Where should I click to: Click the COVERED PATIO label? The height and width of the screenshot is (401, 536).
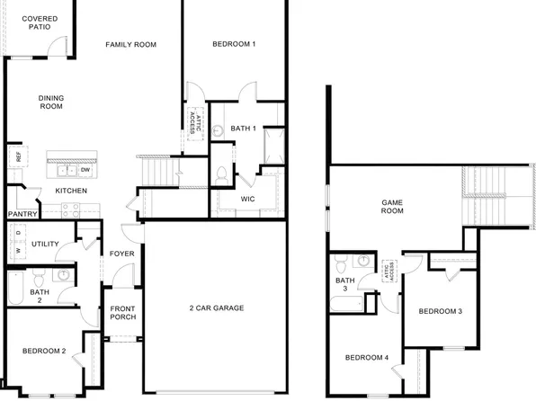tap(35, 22)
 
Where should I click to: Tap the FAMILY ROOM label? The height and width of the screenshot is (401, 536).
tap(131, 44)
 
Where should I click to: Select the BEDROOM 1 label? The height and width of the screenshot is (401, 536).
tap(234, 44)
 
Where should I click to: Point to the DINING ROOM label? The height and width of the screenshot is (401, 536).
tap(51, 102)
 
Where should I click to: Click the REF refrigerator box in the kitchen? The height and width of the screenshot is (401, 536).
tap(16, 157)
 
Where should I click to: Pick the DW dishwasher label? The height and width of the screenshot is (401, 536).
tap(85, 170)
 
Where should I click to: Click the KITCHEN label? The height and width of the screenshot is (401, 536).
tap(71, 191)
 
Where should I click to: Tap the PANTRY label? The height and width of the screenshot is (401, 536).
tap(21, 214)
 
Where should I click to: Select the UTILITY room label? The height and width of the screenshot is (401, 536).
tap(45, 244)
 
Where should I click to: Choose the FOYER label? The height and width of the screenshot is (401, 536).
tap(122, 254)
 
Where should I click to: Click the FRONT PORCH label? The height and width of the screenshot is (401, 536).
tap(122, 314)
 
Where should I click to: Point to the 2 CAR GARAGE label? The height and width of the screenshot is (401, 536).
tap(216, 308)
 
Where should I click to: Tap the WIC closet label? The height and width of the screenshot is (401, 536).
tap(249, 199)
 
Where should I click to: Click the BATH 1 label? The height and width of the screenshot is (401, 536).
tap(244, 129)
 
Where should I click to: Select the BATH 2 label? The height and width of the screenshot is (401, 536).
tap(40, 297)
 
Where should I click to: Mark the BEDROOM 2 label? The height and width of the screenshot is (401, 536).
tap(43, 351)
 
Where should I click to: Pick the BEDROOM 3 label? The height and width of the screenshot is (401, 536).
tap(441, 311)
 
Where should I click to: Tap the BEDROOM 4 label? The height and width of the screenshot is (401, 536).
tap(367, 358)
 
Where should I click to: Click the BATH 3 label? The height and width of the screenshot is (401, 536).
tap(345, 285)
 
